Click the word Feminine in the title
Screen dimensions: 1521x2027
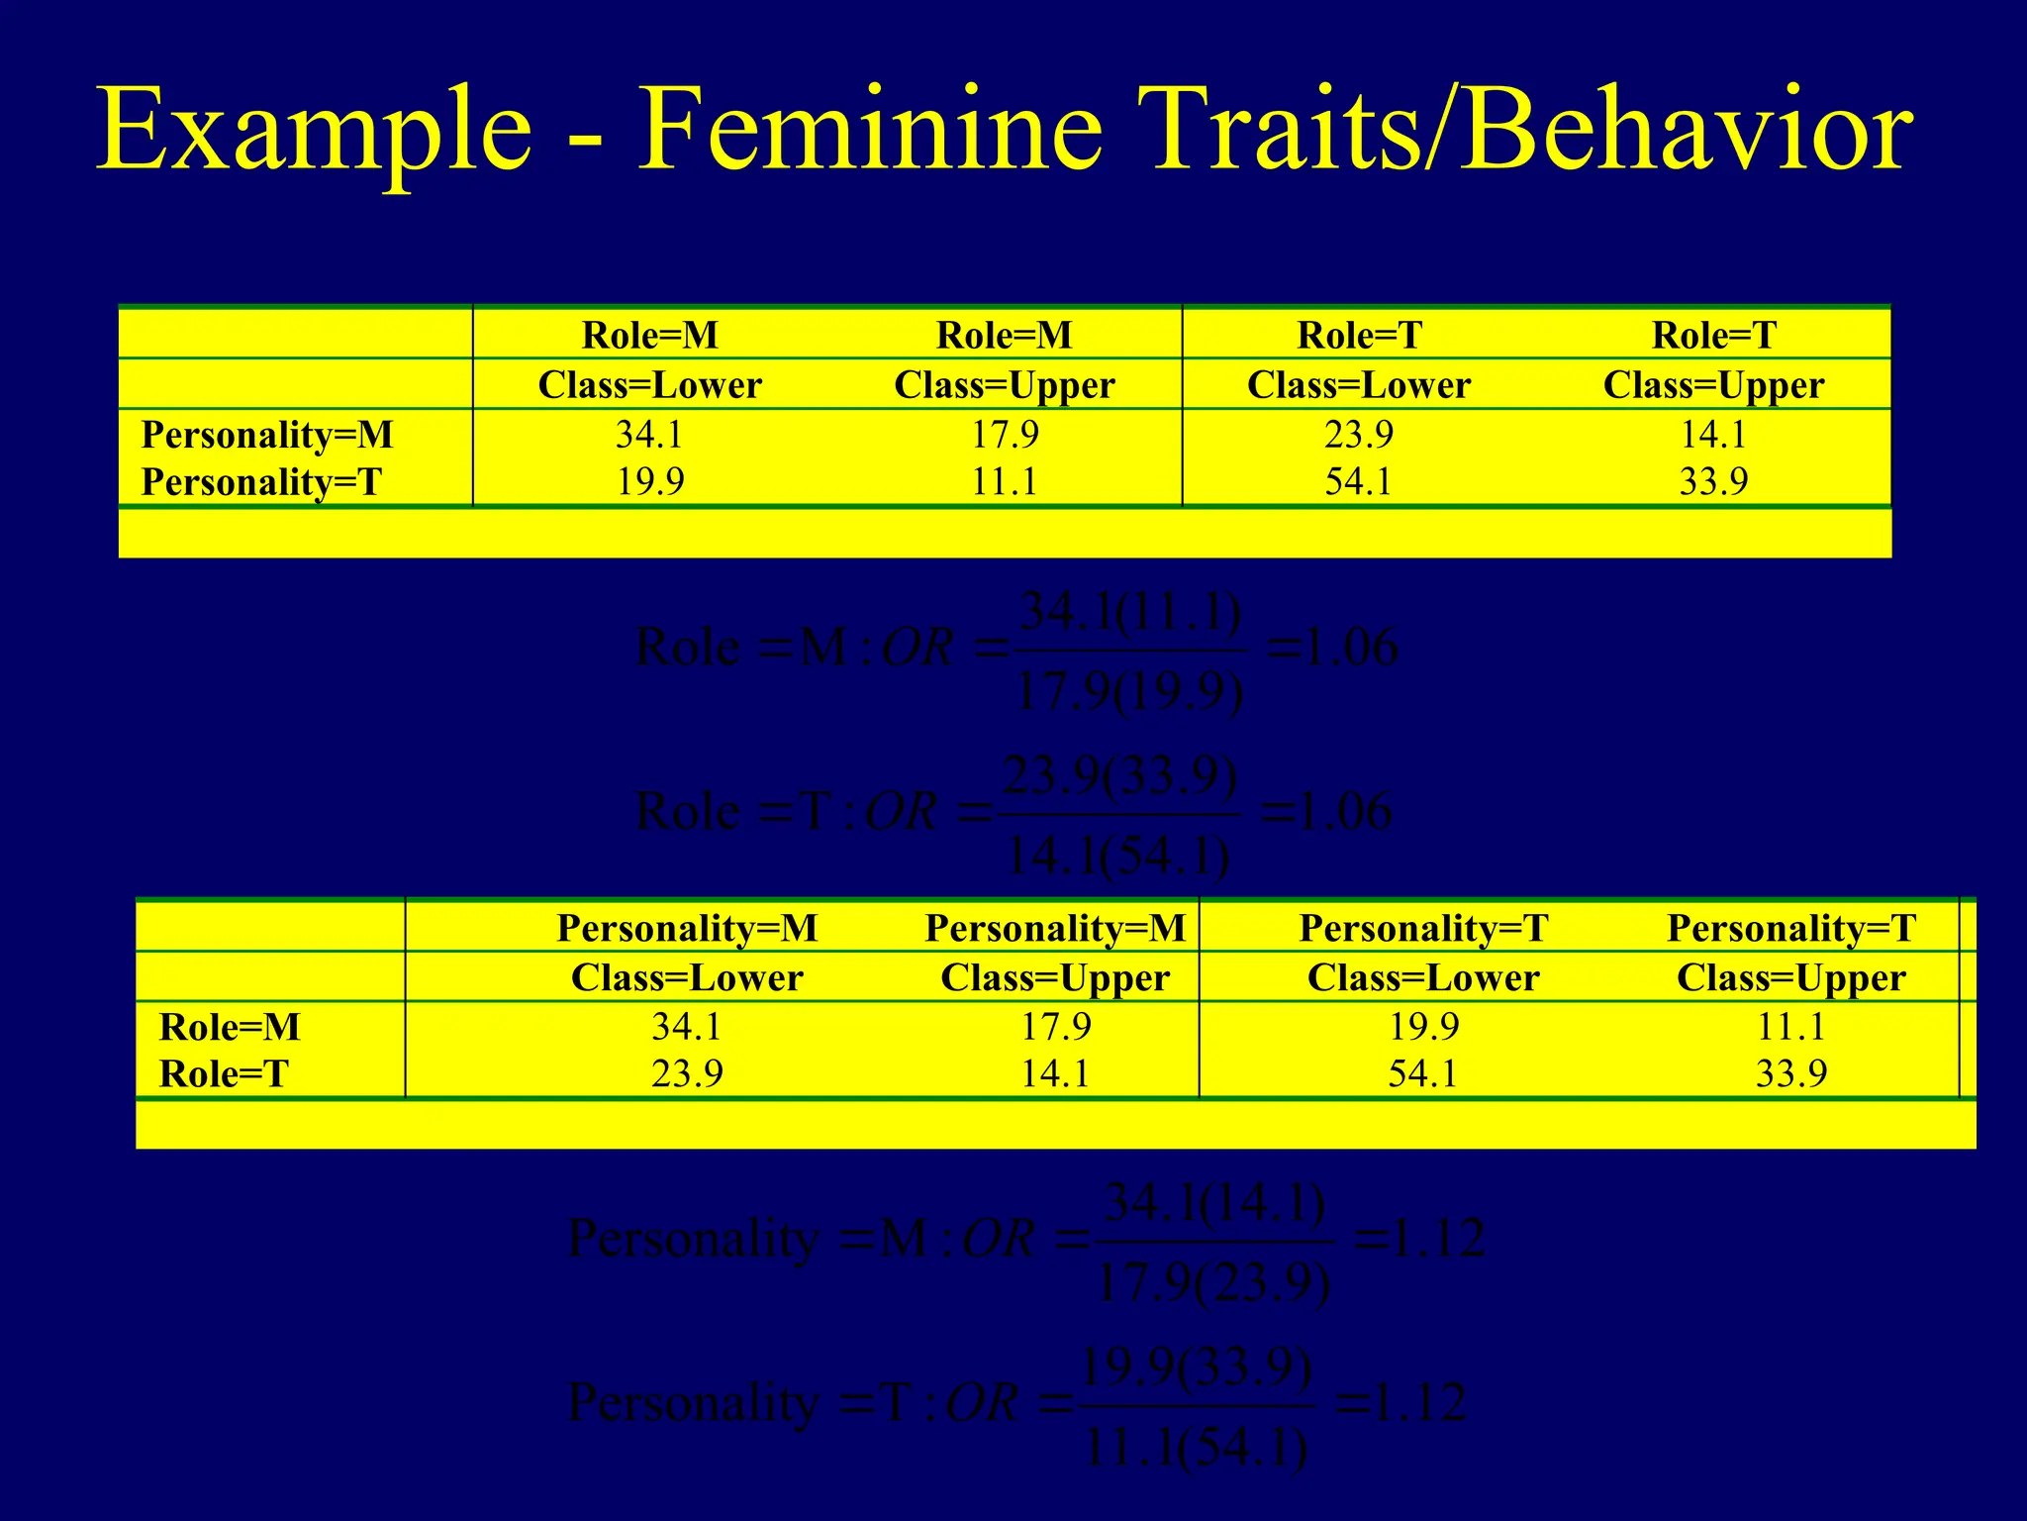(869, 131)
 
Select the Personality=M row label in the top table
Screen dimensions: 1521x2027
(267, 435)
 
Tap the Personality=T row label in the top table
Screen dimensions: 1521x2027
(261, 482)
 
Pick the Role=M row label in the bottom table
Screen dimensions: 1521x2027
(230, 1027)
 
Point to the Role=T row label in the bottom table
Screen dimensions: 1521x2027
(224, 1074)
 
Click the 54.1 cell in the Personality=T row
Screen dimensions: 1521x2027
(1358, 482)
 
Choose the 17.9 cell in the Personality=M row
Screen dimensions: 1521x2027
(1005, 435)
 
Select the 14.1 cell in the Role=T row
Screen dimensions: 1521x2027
(1055, 1074)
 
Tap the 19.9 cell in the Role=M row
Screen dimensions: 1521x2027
(1423, 1027)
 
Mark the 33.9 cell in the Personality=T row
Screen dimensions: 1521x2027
(1713, 482)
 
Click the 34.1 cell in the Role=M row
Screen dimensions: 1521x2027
(687, 1027)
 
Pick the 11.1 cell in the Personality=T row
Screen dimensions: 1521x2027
(1005, 482)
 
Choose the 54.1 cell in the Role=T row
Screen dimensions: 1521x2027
(1423, 1074)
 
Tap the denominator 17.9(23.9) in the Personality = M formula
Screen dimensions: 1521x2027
(1213, 1284)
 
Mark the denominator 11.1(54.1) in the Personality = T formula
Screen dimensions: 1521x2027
(1197, 1449)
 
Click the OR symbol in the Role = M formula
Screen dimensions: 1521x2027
(917, 649)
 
